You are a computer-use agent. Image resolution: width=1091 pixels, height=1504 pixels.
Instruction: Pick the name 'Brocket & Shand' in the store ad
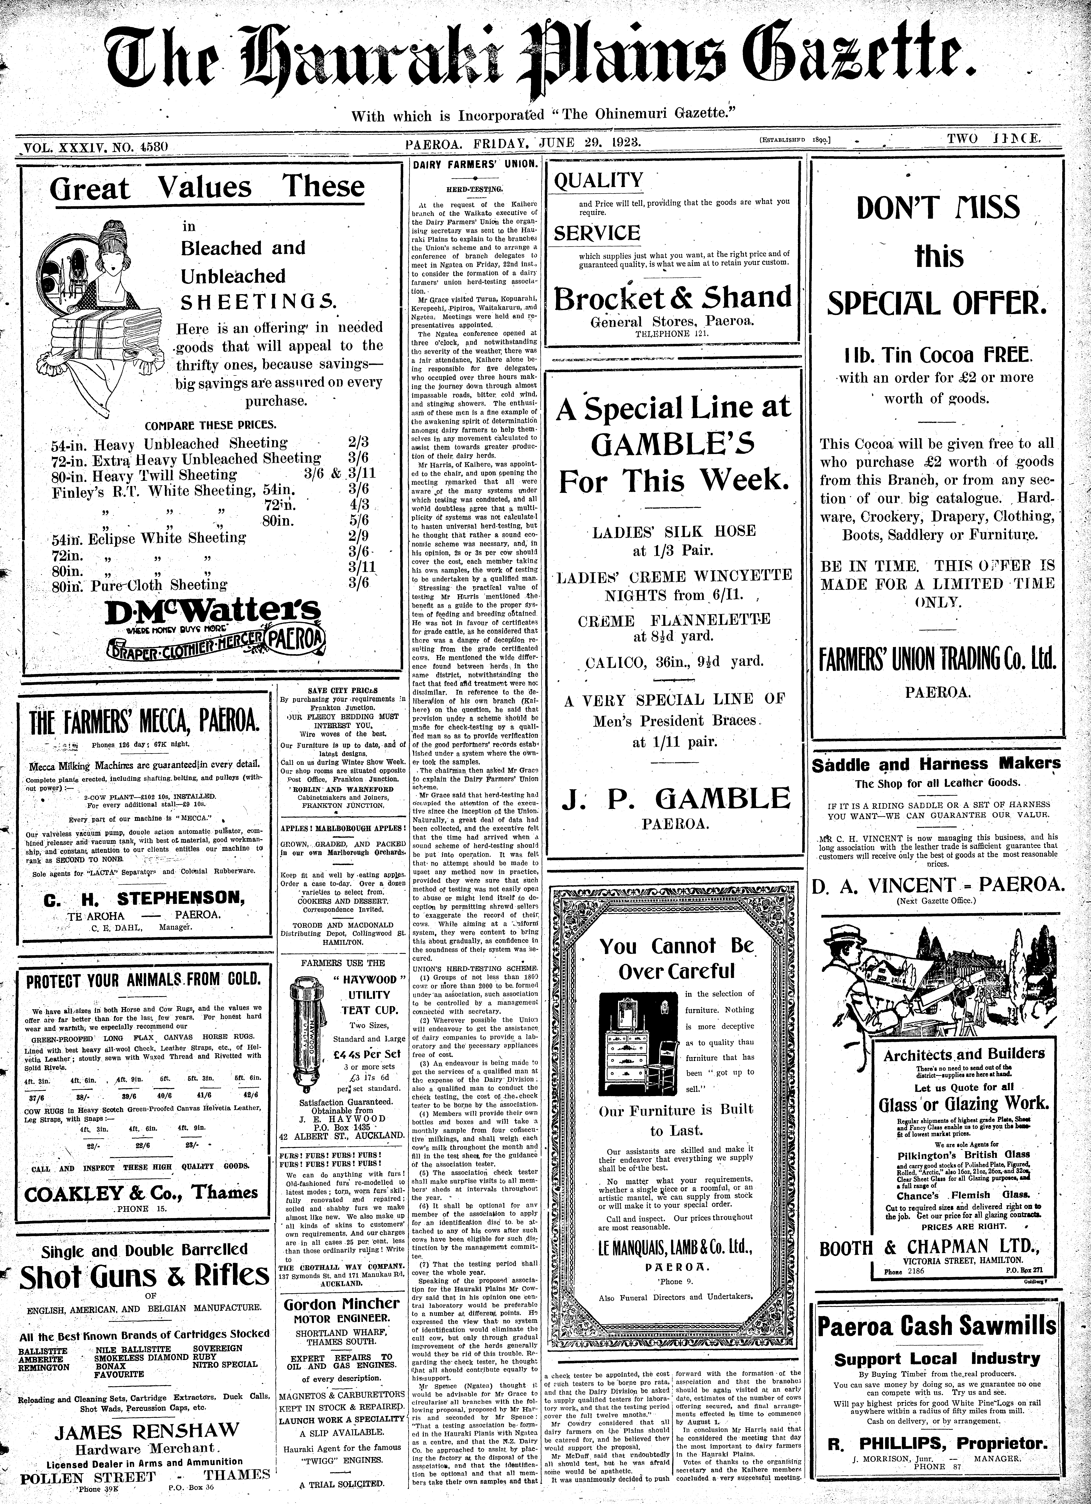(x=673, y=298)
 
